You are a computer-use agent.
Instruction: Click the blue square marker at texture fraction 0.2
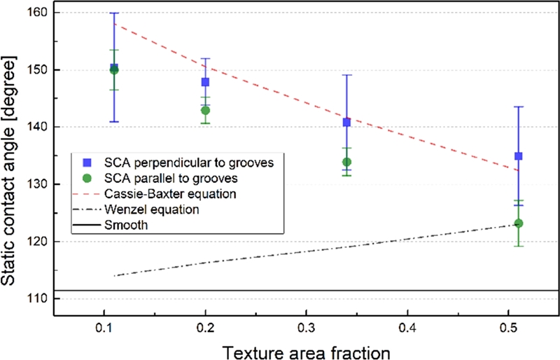[x=205, y=82]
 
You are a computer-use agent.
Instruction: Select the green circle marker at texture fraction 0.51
[x=519, y=223]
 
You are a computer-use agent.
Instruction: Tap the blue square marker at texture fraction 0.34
[x=346, y=122]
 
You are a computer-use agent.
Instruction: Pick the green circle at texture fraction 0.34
[x=346, y=162]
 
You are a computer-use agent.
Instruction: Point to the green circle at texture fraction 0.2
[x=205, y=111]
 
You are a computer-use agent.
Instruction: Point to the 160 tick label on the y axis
[x=36, y=13]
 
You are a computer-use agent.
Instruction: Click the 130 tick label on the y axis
[x=36, y=184]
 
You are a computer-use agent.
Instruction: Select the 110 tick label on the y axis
[x=36, y=299]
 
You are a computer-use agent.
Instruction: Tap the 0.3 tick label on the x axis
[x=306, y=327]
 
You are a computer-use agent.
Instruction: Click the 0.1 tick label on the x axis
[x=104, y=327]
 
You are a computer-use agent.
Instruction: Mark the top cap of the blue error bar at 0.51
[x=519, y=106]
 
